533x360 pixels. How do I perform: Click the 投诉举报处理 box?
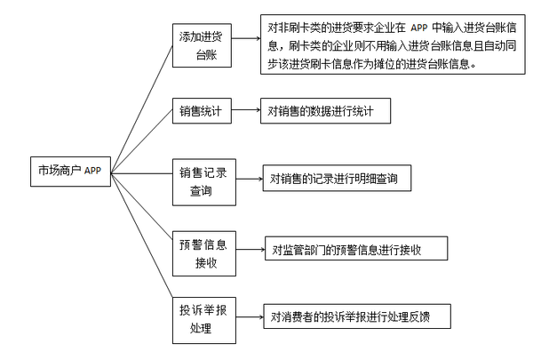point(204,317)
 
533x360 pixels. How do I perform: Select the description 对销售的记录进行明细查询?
point(339,179)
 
